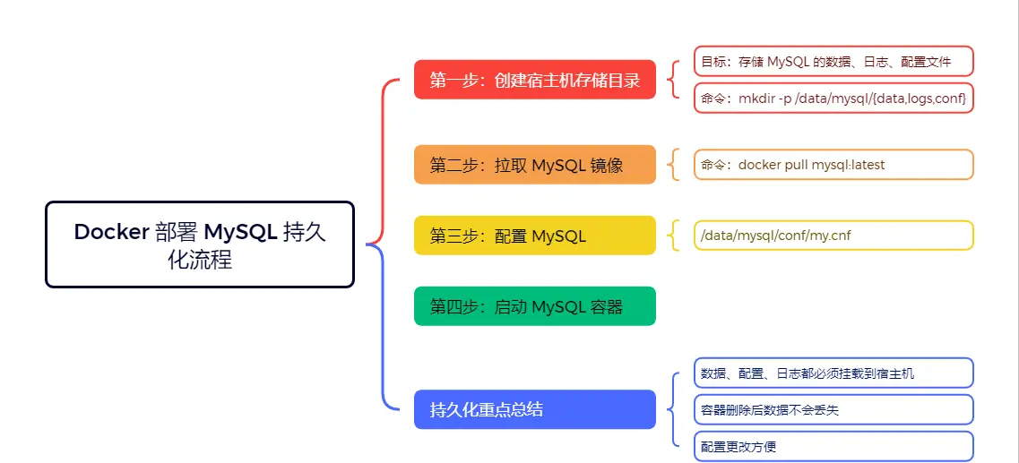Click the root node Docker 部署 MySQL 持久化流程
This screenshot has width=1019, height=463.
pos(200,244)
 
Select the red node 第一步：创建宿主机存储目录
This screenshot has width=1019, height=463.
pos(535,80)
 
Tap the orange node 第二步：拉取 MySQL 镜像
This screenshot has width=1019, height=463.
pos(535,165)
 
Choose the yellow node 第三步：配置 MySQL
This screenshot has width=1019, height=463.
pos(535,236)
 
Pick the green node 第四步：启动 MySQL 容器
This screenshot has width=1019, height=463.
pos(535,306)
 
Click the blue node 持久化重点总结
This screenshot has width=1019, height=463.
pos(535,409)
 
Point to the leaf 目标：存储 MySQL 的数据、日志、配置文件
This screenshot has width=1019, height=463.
pos(833,62)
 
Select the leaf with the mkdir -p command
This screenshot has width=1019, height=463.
pos(833,98)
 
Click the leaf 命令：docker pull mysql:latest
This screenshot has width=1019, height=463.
pos(833,165)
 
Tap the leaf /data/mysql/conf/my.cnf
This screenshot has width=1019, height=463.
pos(833,236)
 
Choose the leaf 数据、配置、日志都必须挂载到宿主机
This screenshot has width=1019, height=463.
pos(833,373)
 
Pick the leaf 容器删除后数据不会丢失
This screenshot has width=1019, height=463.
pos(833,409)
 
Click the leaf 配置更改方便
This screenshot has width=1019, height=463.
pos(833,446)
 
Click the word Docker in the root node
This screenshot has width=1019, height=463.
pos(111,232)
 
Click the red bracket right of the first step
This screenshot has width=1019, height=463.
pos(674,80)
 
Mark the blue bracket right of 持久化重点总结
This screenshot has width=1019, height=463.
pos(674,409)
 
